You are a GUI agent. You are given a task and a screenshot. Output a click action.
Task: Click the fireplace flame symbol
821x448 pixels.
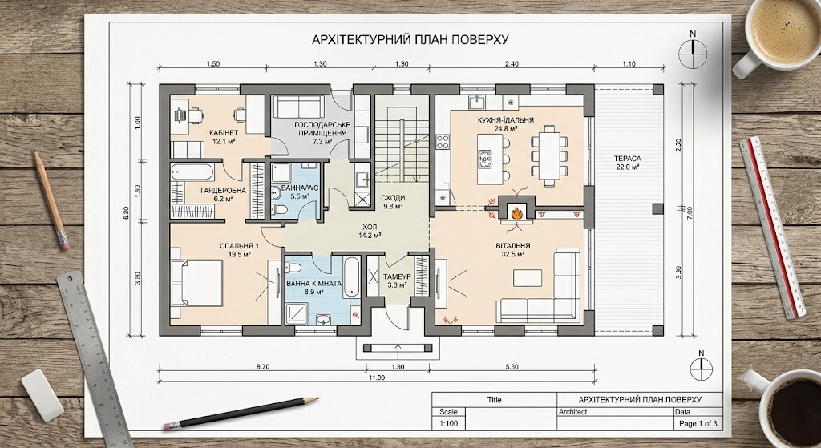516,213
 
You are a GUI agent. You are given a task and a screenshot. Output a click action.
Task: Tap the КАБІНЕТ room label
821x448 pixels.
224,133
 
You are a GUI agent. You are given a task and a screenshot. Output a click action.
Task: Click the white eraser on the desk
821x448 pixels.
42,395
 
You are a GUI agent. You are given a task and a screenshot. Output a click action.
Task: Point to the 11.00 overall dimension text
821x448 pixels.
377,377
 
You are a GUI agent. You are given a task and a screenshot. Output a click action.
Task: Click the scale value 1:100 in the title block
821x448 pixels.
448,423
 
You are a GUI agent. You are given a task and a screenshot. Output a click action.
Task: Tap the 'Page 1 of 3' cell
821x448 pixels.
698,423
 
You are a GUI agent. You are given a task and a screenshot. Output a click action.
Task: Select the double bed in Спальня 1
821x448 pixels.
197,283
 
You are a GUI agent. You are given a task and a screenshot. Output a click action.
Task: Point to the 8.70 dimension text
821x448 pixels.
263,367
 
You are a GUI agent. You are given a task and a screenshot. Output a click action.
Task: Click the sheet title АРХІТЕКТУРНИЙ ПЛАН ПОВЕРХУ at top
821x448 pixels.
410,40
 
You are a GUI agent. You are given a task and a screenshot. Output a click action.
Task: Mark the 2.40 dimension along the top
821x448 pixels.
512,64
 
